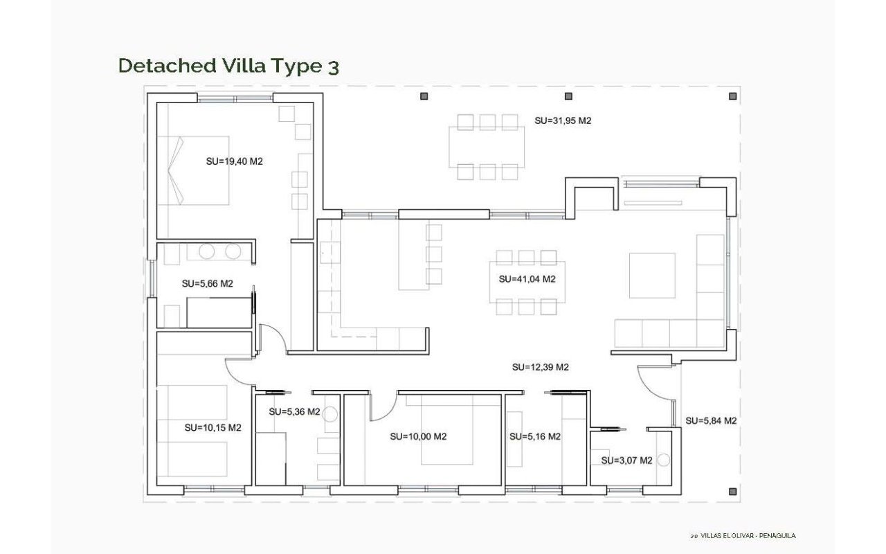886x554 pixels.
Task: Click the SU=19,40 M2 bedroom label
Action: pyautogui.click(x=234, y=161)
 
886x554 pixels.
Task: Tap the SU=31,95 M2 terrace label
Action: pyautogui.click(x=563, y=120)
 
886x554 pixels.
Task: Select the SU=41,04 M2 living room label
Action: pyautogui.click(x=527, y=279)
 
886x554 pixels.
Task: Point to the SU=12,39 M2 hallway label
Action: pyautogui.click(x=541, y=367)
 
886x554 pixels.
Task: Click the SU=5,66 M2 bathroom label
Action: pyautogui.click(x=207, y=283)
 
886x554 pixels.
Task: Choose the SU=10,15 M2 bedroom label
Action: pyautogui.click(x=213, y=427)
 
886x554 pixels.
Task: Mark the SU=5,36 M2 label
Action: pyautogui.click(x=294, y=411)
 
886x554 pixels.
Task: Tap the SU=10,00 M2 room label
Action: pyautogui.click(x=419, y=436)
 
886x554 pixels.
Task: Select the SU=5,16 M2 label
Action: pyautogui.click(x=535, y=436)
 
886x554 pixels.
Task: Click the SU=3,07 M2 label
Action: pyautogui.click(x=626, y=461)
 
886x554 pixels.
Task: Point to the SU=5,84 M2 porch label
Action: pyautogui.click(x=711, y=420)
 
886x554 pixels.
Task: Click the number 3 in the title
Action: pyautogui.click(x=334, y=67)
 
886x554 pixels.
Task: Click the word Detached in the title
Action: pyautogui.click(x=168, y=65)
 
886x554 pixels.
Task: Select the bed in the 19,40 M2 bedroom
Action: pyautogui.click(x=193, y=170)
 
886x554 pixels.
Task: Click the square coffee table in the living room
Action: pyautogui.click(x=652, y=276)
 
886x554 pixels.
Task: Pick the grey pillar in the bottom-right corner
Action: pyautogui.click(x=732, y=492)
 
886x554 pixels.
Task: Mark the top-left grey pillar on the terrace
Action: pyautogui.click(x=424, y=96)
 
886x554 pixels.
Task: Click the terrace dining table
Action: pyautogui.click(x=487, y=147)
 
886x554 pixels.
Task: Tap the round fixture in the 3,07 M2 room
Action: pyautogui.click(x=663, y=460)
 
